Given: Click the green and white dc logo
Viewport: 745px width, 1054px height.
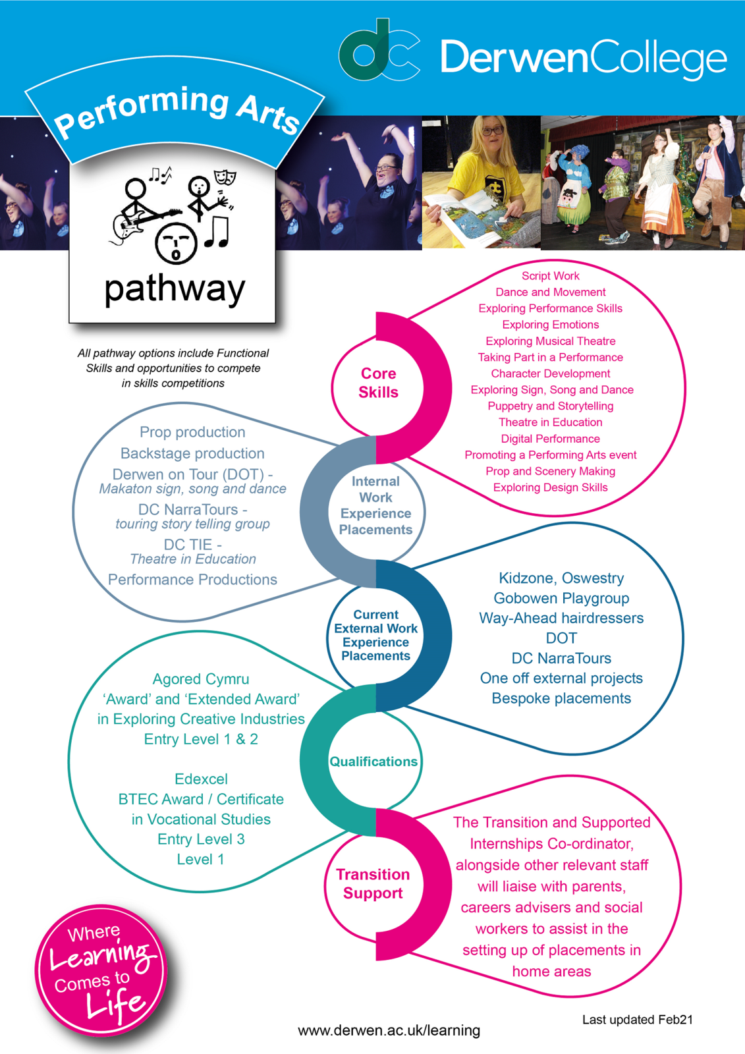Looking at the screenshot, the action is click(x=379, y=49).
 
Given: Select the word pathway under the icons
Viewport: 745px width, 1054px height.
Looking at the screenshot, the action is click(x=175, y=290).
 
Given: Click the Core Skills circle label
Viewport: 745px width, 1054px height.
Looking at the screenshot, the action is click(x=378, y=383).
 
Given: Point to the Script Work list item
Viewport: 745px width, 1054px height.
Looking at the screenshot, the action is click(x=550, y=276).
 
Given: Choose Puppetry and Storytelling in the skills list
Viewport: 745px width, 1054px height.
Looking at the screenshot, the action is click(x=550, y=406).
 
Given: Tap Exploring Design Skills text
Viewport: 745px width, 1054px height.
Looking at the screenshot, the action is click(x=550, y=487).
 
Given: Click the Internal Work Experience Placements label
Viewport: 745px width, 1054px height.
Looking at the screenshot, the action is click(x=375, y=505).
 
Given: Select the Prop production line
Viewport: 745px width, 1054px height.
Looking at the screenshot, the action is click(x=192, y=432).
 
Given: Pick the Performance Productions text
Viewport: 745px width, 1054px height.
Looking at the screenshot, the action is click(x=192, y=579).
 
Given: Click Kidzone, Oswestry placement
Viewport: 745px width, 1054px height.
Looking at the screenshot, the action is click(x=561, y=578).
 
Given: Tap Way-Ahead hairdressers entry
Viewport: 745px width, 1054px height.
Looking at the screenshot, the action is click(x=561, y=618).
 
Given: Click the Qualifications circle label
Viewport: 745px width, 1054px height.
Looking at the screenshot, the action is click(x=373, y=762).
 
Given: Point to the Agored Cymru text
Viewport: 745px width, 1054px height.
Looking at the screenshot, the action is click(x=201, y=679).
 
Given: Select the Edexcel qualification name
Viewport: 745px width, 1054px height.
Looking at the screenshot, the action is click(x=201, y=779).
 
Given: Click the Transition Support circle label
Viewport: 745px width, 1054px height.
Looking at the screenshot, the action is click(x=373, y=883).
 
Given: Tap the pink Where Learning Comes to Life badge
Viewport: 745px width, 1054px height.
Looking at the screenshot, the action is click(x=101, y=970).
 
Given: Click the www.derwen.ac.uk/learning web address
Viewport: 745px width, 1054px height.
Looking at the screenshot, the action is click(x=389, y=1030).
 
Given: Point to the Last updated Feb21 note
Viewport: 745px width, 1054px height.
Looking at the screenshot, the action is click(x=637, y=1019).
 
